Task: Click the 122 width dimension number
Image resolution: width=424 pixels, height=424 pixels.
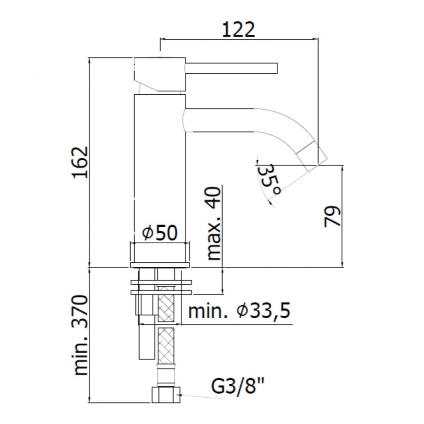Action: [x=238, y=29]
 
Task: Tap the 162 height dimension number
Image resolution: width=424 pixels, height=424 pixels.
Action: [x=80, y=162]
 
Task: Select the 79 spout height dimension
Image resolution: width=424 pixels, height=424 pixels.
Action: [x=332, y=216]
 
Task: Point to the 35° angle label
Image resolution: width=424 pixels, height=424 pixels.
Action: [x=269, y=179]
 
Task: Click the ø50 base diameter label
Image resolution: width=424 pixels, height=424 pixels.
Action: [x=160, y=233]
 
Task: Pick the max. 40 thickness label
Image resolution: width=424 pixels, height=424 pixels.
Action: [x=214, y=223]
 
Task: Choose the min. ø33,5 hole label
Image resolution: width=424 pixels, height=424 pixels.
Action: [x=239, y=310]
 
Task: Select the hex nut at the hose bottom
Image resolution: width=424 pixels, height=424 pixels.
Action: [x=166, y=395]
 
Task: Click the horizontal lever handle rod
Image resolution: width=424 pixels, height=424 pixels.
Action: [x=232, y=68]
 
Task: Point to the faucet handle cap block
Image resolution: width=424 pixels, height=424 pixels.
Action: [x=159, y=74]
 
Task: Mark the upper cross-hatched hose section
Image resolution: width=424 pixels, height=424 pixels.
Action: [x=166, y=304]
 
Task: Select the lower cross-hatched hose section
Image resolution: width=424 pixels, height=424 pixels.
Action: [x=166, y=346]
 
